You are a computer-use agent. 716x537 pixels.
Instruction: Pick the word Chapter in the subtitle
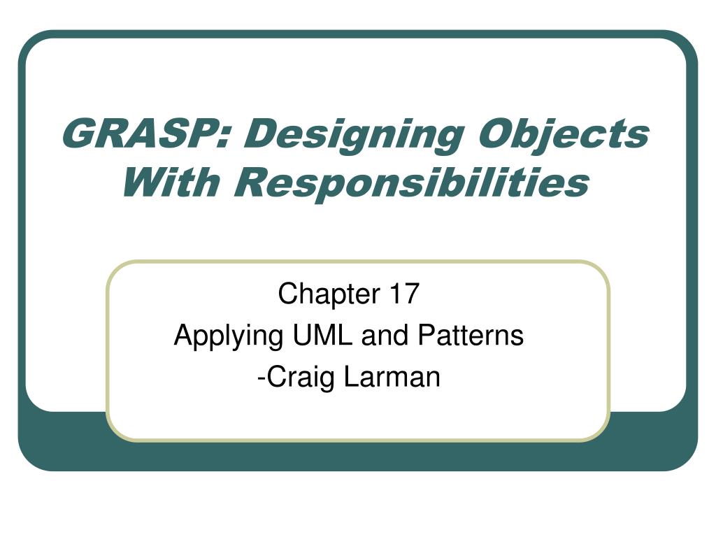[x=328, y=294]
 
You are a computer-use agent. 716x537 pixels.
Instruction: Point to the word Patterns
[x=471, y=336]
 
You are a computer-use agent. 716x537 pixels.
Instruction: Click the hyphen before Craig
[x=261, y=379]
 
